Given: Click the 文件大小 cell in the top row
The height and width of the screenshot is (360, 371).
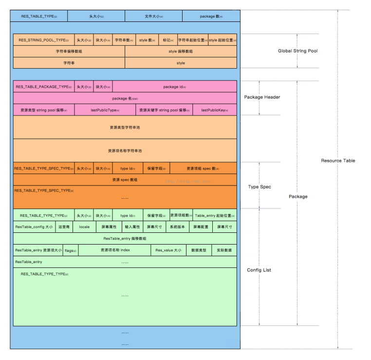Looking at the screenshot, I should tap(154, 17).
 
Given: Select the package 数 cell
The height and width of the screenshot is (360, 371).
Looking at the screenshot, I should tap(211, 17).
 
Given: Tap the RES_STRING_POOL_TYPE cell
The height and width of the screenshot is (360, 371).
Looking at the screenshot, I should tap(43, 40).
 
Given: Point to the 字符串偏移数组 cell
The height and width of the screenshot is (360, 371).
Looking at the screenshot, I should tap(69, 51).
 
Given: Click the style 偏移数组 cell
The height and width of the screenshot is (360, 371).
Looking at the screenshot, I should tap(181, 51).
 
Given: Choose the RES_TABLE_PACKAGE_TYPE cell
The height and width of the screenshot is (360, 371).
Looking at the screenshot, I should tap(43, 87).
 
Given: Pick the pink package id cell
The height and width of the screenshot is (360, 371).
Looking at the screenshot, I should tap(174, 87).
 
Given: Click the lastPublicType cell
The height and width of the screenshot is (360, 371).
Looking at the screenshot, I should tap(105, 111).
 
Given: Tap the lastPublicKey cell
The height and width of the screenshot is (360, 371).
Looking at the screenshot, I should tap(215, 111).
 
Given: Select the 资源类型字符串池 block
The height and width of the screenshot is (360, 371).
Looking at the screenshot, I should tap(125, 128).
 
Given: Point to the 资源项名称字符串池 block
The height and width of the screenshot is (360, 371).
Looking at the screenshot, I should tap(125, 151).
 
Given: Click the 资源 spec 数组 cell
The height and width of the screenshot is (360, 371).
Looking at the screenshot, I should tap(125, 180).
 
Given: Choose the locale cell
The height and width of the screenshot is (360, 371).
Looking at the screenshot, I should tap(84, 227).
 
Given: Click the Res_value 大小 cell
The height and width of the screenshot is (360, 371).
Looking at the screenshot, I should tap(168, 250).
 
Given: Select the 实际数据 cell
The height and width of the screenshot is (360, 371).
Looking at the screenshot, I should tap(224, 250).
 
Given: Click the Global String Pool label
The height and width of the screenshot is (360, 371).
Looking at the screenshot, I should tap(297, 51).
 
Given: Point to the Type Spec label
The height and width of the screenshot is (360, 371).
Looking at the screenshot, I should tap(260, 187).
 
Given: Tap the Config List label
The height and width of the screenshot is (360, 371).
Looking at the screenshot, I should tap(259, 270).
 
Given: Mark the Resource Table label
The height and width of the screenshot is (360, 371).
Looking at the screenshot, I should tap(338, 161).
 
